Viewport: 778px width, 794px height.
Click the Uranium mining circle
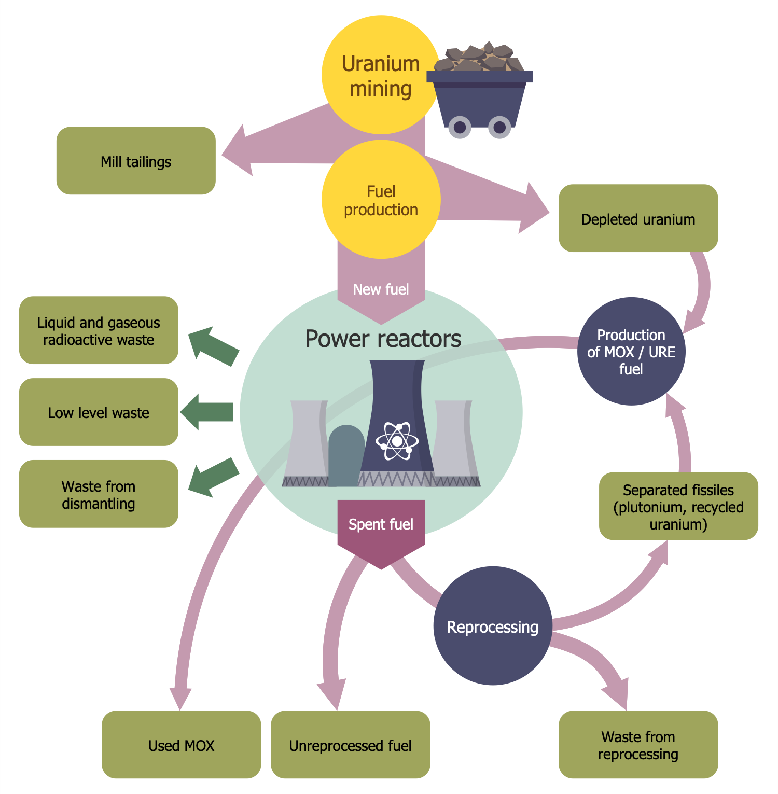380,75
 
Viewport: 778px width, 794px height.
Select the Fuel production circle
381,200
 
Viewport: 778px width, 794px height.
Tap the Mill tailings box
136,161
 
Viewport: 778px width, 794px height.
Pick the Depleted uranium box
638,218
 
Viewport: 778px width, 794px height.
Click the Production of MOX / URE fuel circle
631,352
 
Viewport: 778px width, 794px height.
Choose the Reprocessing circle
492,626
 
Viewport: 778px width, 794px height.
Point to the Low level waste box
99,412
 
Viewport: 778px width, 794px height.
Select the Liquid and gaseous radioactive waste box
99,330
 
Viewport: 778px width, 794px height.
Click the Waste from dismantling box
99,494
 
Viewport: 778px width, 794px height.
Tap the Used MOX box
181,745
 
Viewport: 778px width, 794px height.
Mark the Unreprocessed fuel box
350,745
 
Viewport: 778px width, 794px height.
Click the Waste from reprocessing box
638,745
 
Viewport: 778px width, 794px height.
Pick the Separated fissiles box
678,506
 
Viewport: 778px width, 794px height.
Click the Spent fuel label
381,524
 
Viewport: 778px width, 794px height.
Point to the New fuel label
381,289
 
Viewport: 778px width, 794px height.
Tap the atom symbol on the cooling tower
397,441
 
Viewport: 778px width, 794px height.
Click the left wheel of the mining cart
460,127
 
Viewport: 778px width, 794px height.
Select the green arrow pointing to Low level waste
207,412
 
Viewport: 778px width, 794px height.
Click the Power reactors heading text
383,339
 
